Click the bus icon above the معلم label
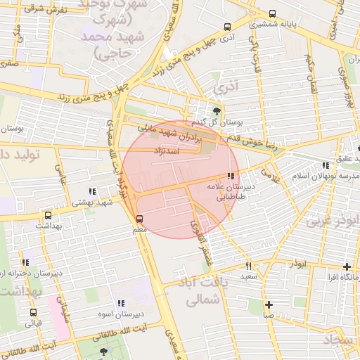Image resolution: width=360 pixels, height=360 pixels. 139,219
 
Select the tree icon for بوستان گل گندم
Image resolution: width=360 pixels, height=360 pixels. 216,111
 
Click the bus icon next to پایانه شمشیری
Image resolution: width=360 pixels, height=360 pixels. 272,13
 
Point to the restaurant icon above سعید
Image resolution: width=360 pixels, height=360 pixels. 248,266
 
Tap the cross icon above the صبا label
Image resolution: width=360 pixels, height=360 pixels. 269,304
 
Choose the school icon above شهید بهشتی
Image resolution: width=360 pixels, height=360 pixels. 91,191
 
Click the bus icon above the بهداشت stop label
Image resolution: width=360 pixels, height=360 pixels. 48,216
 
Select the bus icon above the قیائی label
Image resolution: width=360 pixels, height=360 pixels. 33,313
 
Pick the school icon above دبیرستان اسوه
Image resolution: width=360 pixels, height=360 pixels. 121,303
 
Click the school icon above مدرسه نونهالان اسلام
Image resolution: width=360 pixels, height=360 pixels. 325,165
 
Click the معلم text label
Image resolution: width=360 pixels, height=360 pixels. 139,230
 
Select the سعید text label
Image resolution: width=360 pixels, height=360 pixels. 248,277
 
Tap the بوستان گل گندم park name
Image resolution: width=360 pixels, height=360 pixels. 215,123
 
